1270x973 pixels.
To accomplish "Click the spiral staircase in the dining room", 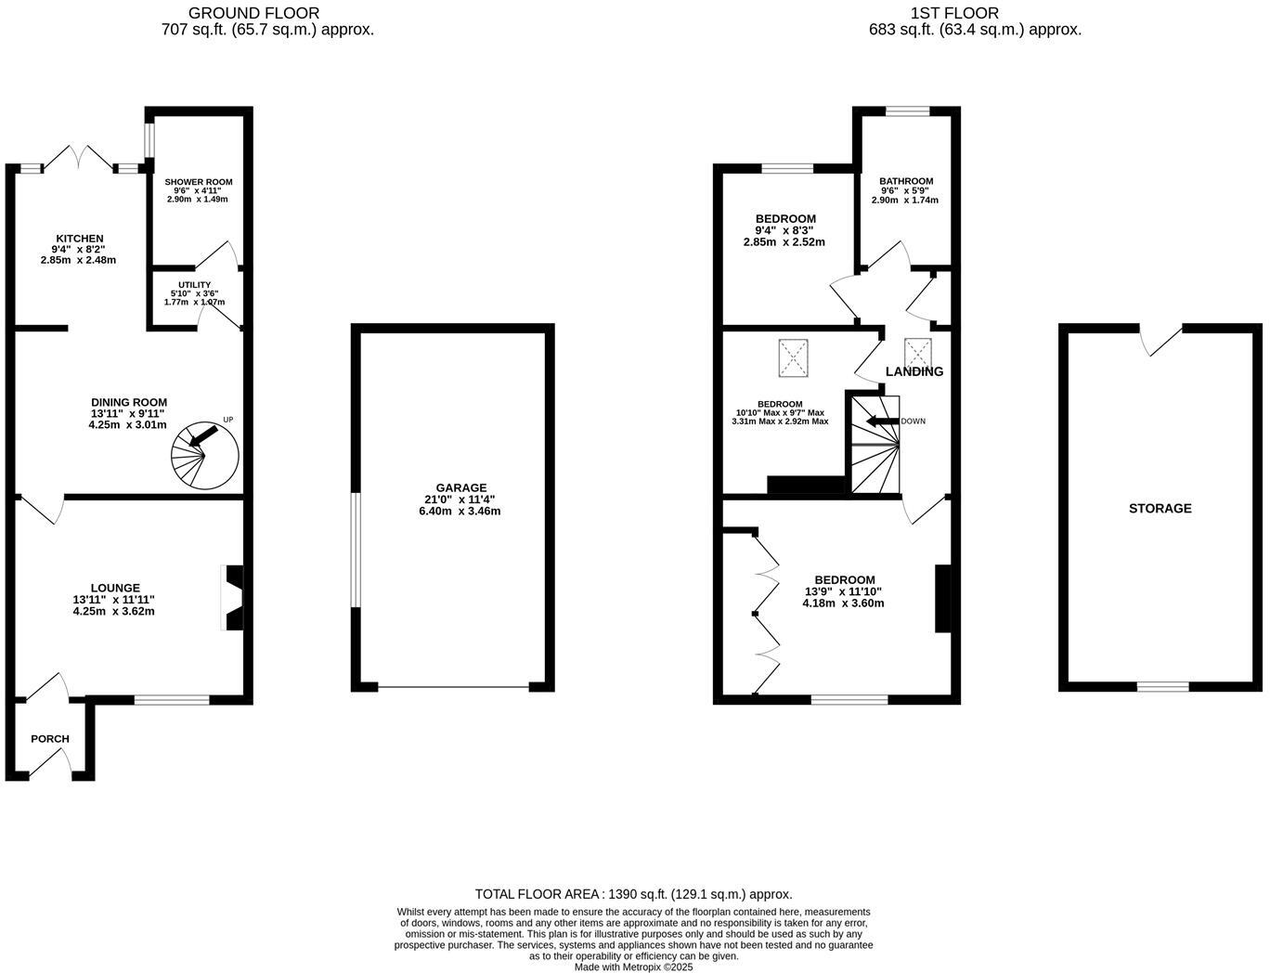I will click(x=204, y=455).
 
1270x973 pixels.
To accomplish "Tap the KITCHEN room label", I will click(x=79, y=239).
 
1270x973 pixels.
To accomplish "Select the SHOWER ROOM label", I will click(x=199, y=182).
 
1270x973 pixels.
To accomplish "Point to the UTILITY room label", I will click(x=194, y=285).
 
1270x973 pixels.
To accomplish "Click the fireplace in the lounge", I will click(x=232, y=598).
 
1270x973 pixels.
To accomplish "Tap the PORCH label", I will click(x=50, y=739).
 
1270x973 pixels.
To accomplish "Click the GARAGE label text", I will click(x=460, y=487).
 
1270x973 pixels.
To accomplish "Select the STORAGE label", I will click(x=1160, y=509).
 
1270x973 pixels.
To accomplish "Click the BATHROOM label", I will click(x=906, y=181).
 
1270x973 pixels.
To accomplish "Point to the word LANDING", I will click(x=914, y=371).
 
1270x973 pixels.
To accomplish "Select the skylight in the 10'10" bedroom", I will click(x=794, y=357).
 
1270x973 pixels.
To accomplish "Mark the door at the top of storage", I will click(x=1160, y=339).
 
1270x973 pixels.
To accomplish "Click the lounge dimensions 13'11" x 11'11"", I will click(x=113, y=600).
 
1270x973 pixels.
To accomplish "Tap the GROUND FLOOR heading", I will click(x=253, y=13).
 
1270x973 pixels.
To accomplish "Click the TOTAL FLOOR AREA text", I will click(x=633, y=894).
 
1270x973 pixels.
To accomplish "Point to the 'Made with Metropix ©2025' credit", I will click(x=633, y=967).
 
